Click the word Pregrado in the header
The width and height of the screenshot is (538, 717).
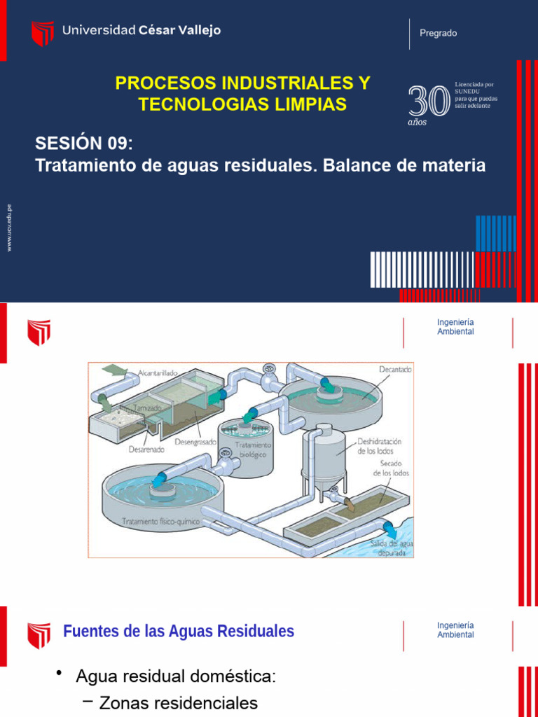coord(438,33)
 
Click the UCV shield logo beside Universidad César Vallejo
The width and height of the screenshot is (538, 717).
coord(43,33)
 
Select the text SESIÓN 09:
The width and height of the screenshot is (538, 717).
coord(83,144)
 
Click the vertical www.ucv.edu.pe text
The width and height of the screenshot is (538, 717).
coord(9,228)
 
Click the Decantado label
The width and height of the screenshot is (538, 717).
coord(396,369)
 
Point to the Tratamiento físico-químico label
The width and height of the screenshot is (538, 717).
coord(160,522)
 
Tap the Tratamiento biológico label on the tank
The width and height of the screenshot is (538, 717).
coord(254,449)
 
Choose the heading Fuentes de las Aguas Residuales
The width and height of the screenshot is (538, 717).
coord(179,632)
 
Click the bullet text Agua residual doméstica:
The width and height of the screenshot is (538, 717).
coord(176,677)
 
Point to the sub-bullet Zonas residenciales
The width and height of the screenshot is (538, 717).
coord(179,703)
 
